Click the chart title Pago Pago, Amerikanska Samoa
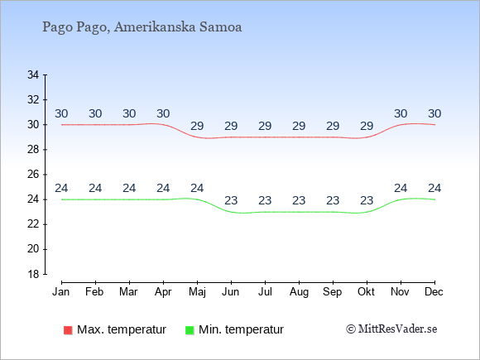pos(142,27)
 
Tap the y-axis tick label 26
pos(33,175)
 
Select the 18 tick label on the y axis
pos(33,274)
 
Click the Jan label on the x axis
pos(61,292)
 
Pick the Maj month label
pos(197,292)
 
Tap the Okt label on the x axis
pos(366,292)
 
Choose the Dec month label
pos(434,292)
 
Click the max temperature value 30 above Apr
pos(163,114)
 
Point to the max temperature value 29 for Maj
pos(197,126)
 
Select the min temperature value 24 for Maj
pos(197,188)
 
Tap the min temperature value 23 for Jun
pos(231,201)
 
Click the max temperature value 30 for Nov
pos(401,114)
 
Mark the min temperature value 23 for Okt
pos(367,201)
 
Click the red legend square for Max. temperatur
pos(68,330)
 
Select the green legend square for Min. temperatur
pos(190,330)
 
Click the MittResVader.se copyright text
pos(391,329)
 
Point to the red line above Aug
pos(299,137)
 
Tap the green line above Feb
pos(95,199)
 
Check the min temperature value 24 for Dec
pos(434,188)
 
